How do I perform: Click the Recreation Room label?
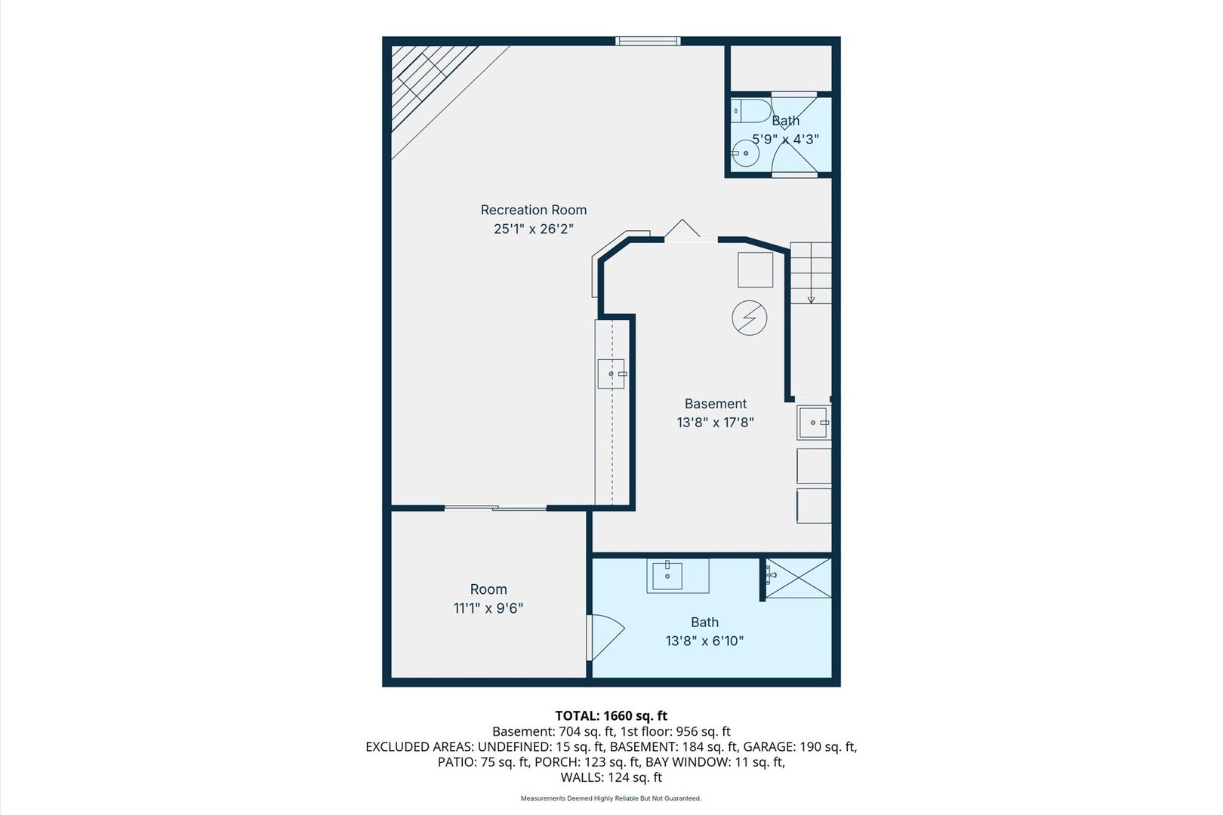pos(534,210)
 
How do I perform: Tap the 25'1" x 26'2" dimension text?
pos(534,229)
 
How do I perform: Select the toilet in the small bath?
pos(750,111)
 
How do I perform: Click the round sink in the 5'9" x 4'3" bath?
pos(745,153)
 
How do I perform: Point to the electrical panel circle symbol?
pos(749,318)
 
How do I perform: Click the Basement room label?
pos(715,404)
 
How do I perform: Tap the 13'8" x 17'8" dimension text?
pos(715,422)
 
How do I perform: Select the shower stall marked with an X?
pos(798,577)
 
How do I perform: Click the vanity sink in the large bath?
pos(667,576)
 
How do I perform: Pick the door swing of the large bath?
pos(606,638)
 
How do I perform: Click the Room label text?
pos(488,589)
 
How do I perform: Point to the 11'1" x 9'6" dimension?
pos(488,607)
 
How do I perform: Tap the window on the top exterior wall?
pos(648,41)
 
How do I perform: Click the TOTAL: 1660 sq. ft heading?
pos(611,715)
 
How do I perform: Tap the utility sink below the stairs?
pos(813,423)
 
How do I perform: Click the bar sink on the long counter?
pos(611,374)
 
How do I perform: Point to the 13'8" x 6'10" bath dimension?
pos(704,641)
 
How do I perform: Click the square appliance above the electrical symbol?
pos(755,269)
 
